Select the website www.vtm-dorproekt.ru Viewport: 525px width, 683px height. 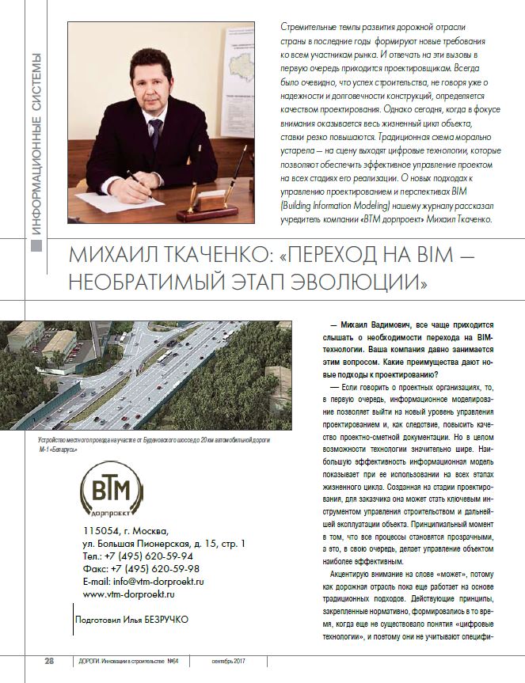[128, 594]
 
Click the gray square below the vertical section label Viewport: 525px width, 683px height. [36, 248]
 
